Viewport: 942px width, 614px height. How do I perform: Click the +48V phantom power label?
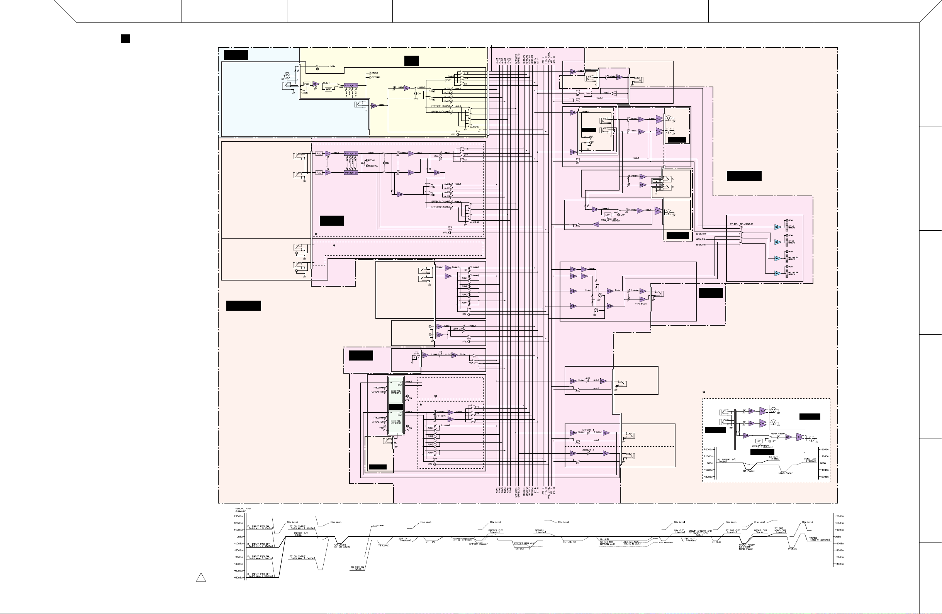point(331,66)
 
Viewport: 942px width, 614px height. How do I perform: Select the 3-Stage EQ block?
point(351,85)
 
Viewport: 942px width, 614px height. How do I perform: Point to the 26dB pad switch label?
point(305,92)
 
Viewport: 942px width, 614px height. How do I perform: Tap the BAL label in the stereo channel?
point(436,156)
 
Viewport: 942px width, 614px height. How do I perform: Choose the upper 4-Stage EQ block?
point(351,153)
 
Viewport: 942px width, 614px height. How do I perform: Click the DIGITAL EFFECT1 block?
point(395,392)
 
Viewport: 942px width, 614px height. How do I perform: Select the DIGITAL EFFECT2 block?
point(395,422)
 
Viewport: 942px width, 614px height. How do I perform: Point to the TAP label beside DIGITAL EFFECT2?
point(382,428)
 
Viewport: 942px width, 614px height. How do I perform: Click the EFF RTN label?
point(440,416)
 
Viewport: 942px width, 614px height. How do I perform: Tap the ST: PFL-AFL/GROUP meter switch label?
point(741,225)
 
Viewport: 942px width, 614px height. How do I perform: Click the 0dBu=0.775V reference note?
point(243,508)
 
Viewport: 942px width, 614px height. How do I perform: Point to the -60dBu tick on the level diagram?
point(239,578)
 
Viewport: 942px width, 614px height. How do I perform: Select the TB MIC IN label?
point(357,568)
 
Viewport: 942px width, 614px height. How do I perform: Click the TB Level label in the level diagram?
point(384,546)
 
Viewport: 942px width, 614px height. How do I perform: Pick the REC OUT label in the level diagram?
point(690,539)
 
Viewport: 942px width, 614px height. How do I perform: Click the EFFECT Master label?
point(479,544)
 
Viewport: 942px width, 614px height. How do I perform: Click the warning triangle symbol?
point(201,578)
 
